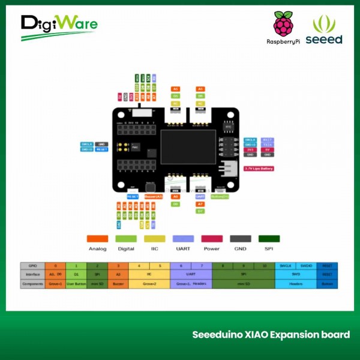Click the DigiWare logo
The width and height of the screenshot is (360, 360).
(59, 26)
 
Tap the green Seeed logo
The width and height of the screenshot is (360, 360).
(324, 29)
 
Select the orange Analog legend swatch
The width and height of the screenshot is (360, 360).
(97, 238)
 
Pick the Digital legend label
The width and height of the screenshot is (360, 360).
(126, 248)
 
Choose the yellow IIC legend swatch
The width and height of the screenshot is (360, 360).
(154, 238)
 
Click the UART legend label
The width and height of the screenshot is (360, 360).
(182, 248)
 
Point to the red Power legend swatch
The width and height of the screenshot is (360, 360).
(212, 238)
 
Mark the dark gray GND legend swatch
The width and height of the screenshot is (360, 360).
(240, 238)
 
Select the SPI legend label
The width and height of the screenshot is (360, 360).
(268, 248)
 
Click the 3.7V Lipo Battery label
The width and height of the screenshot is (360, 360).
(259, 169)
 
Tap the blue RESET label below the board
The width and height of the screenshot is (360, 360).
(133, 196)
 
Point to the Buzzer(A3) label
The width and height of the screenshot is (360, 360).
(154, 196)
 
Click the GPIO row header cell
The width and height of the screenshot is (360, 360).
(32, 265)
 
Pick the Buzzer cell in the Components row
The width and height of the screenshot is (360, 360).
(118, 283)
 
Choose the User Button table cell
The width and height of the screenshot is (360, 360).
(76, 283)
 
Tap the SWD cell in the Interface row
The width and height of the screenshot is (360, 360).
(296, 274)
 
